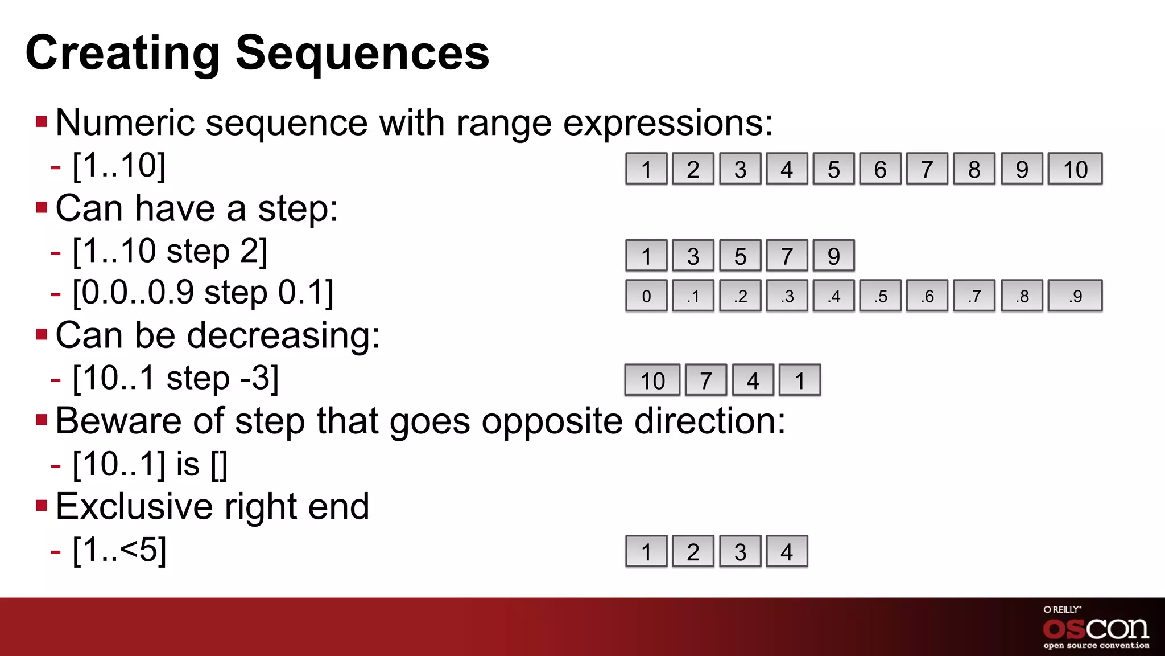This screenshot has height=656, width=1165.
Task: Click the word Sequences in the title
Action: tap(362, 53)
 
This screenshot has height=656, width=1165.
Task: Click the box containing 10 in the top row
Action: tap(1075, 169)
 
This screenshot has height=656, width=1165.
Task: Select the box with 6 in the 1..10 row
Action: tap(880, 169)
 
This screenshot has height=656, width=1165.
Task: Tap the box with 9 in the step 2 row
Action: tap(833, 256)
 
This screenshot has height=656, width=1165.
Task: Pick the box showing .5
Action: tap(880, 296)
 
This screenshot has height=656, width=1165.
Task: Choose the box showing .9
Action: tap(1075, 296)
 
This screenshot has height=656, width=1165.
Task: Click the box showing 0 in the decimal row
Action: tap(646, 296)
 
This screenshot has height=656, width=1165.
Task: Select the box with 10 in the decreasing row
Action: tap(652, 380)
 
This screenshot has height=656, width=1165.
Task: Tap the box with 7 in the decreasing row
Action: tap(706, 380)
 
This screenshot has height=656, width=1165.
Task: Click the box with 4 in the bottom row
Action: tap(787, 552)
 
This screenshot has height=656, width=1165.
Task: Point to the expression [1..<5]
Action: tap(119, 550)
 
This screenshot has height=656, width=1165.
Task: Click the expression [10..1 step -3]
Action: tap(176, 378)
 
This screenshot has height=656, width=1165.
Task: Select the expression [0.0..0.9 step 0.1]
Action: tap(203, 293)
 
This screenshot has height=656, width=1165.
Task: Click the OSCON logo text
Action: tap(1096, 629)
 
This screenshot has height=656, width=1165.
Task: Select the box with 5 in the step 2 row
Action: tap(740, 256)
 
